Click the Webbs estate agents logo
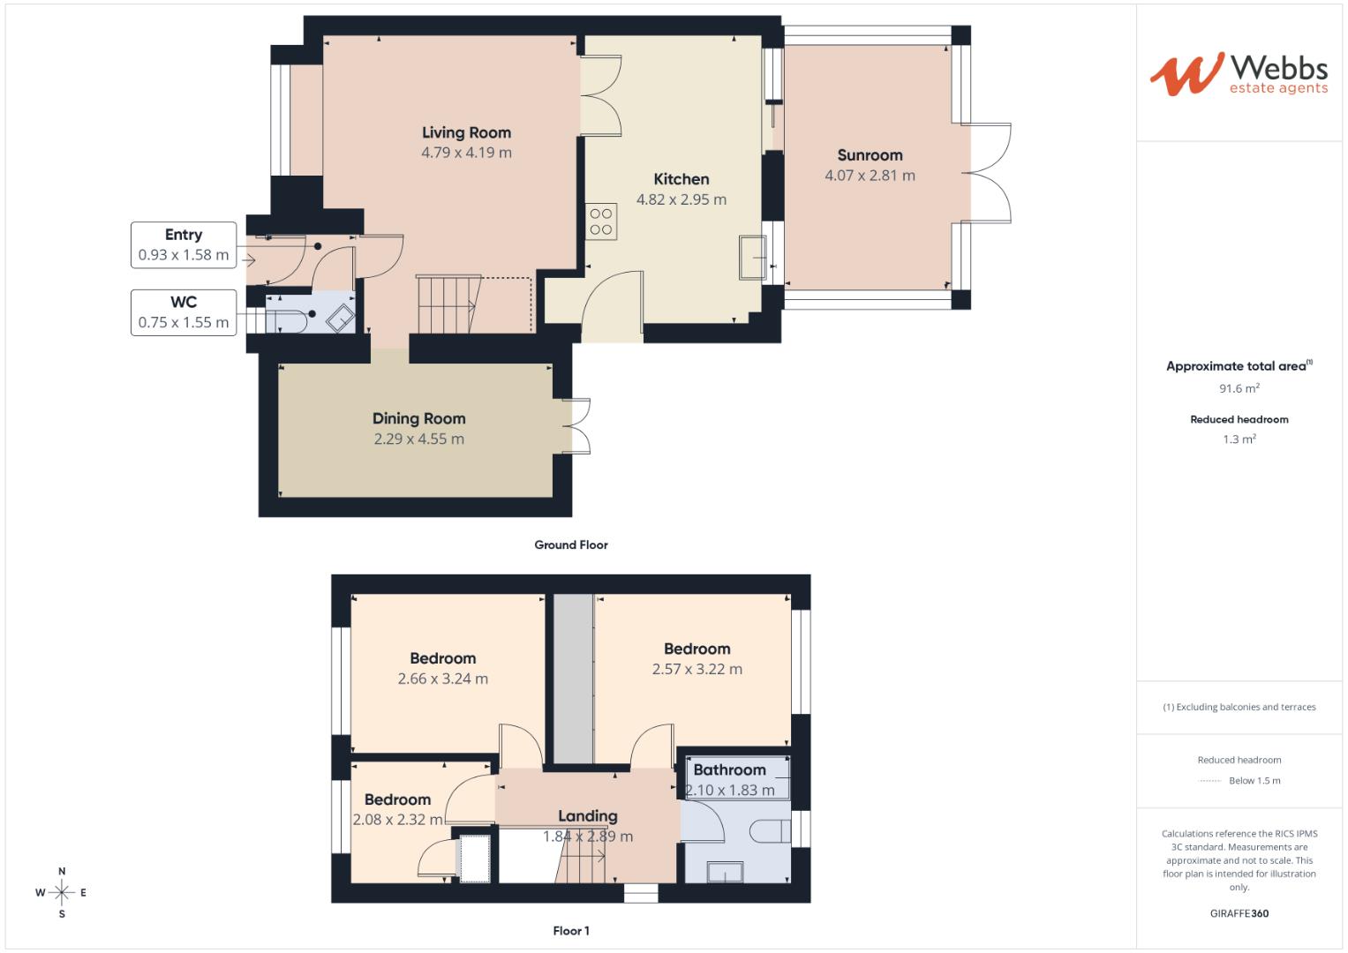click(1239, 74)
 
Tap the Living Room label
click(466, 133)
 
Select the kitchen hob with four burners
click(601, 221)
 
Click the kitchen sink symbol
click(753, 258)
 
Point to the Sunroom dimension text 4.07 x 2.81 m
click(870, 176)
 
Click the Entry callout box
click(184, 244)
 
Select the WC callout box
click(184, 312)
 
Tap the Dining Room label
click(418, 419)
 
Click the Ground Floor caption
click(571, 545)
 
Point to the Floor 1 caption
click(571, 931)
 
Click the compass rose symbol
click(62, 893)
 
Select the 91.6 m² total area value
click(1239, 388)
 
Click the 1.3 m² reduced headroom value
click(1239, 439)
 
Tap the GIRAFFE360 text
click(1239, 913)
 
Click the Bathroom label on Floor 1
click(729, 770)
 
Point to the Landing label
click(587, 816)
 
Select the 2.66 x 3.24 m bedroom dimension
click(442, 679)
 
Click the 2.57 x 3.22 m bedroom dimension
click(697, 670)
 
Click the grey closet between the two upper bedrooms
click(574, 678)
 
